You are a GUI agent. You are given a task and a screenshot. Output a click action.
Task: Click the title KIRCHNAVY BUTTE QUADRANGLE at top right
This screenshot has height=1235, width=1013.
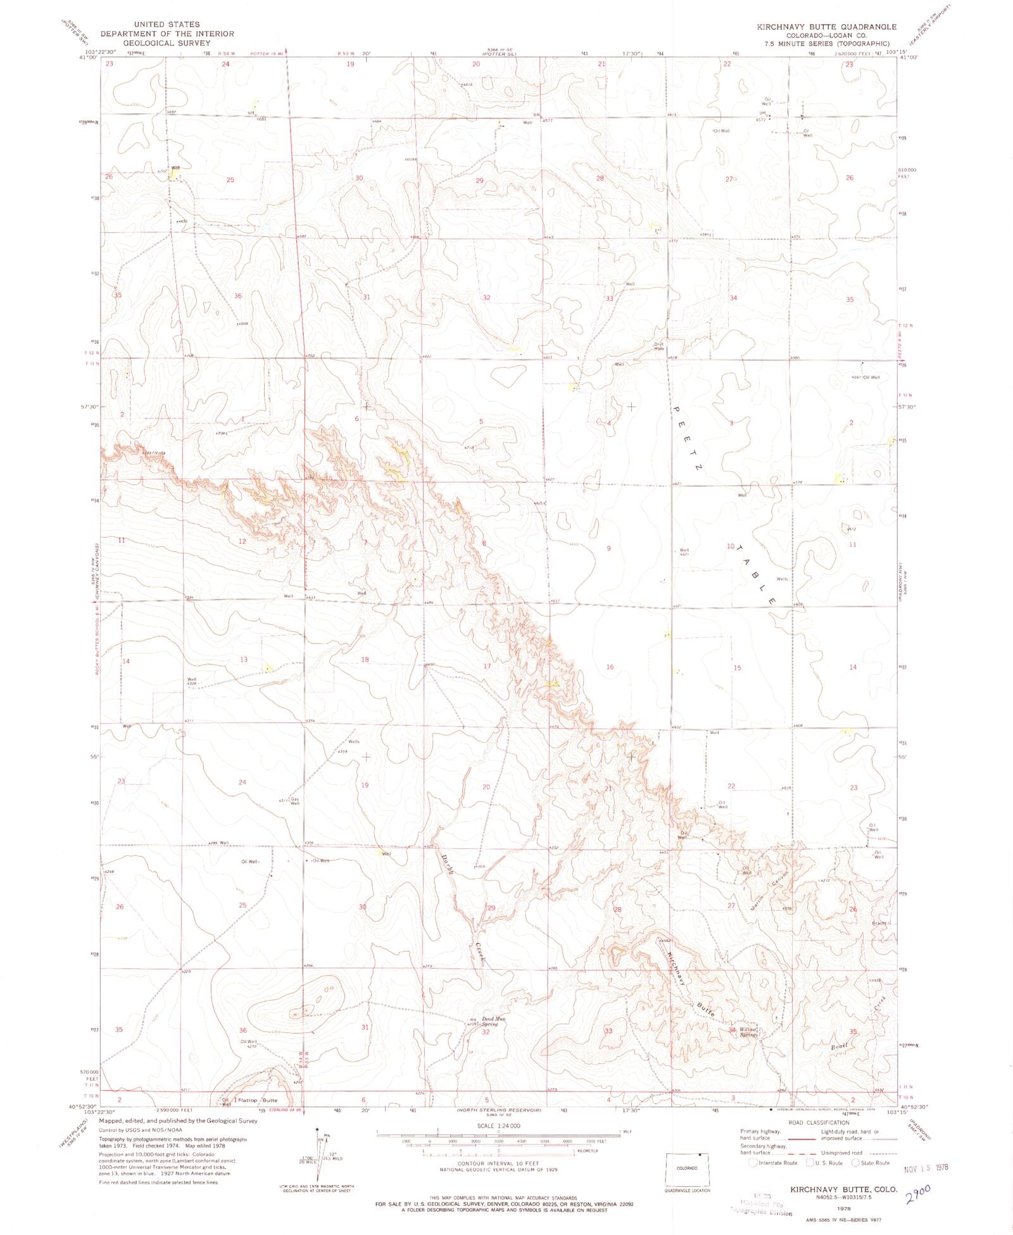[x=827, y=27]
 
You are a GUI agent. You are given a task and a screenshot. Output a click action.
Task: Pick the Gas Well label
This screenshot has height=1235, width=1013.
[x=294, y=801]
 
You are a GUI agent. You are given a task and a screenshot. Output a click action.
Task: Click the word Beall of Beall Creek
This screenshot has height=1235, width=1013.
[x=840, y=1048]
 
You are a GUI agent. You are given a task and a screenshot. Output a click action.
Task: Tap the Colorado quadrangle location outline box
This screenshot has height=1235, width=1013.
[x=687, y=1169]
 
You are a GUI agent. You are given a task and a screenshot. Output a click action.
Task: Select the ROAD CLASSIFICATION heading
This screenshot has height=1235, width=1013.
[x=819, y=1122]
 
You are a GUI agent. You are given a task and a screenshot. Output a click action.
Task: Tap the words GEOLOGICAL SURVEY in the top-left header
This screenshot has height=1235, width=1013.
[x=167, y=43]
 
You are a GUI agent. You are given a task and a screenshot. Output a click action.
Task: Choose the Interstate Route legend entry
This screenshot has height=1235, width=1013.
[x=772, y=1163]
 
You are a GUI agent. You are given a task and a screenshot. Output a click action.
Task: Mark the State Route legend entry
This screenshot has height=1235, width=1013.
[x=871, y=1163]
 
